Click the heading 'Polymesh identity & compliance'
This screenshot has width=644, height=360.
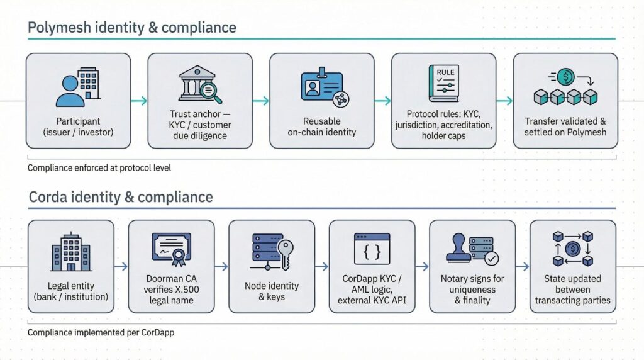[x=132, y=28]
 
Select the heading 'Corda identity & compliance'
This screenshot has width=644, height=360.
[x=121, y=197]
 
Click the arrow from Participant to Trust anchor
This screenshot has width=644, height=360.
[x=139, y=101]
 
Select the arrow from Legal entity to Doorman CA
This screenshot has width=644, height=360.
[x=121, y=266]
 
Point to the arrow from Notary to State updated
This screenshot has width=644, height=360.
[x=523, y=266]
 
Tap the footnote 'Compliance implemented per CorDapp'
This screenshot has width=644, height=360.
[x=101, y=332]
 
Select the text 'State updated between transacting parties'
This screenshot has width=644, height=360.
[x=572, y=290]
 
